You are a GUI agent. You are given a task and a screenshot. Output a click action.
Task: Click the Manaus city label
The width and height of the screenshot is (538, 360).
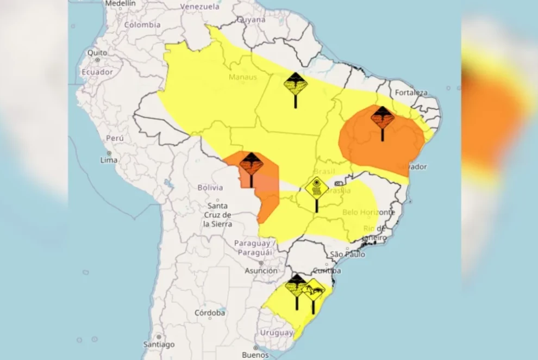pos(242,77)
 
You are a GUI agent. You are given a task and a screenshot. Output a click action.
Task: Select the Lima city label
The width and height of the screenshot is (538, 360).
pos(109,160)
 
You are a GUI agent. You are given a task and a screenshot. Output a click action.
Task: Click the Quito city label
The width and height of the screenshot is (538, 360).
pos(97,53)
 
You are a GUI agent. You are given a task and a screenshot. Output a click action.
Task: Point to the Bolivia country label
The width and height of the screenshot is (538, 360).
pos(210,188)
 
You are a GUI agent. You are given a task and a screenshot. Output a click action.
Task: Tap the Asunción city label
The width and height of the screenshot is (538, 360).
pos(261,271)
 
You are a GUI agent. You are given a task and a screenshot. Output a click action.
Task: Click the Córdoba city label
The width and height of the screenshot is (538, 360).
pos(210,313)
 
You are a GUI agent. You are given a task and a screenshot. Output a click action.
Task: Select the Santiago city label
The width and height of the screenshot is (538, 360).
pos(159,344)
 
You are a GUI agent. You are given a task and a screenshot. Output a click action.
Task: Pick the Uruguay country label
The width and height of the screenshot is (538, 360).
pos(276,332)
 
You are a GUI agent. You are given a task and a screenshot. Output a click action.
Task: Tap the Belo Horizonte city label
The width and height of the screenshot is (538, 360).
pos(368,212)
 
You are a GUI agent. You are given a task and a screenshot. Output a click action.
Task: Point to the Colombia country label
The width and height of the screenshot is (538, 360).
pos(142,24)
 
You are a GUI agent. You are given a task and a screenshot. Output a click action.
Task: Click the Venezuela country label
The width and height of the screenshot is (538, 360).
pos(199,7)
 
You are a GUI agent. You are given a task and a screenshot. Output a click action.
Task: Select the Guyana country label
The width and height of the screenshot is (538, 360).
pos(251,20)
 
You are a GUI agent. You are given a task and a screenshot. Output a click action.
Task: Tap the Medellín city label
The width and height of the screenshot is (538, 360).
pos(120,3)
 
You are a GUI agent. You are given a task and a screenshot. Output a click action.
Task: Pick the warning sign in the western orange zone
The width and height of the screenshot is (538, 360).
pos(251,165)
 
